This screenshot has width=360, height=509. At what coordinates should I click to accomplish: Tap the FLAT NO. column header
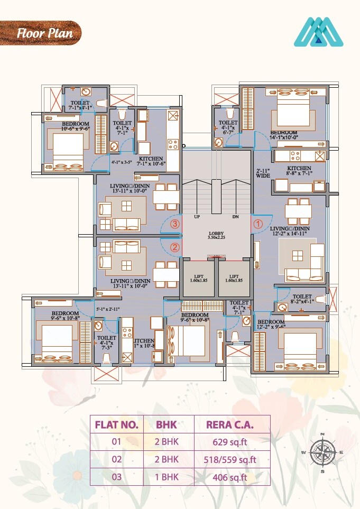click(x=116, y=424)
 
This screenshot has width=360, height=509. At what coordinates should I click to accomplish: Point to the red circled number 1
click(x=258, y=224)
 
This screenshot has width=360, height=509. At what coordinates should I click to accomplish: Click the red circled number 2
click(x=175, y=246)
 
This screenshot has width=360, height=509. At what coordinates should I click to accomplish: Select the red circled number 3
click(x=175, y=224)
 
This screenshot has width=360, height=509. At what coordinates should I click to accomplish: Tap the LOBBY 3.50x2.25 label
click(x=216, y=236)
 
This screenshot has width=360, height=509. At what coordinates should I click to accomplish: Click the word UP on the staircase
click(x=197, y=217)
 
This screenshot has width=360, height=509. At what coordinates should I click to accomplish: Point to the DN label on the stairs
click(x=235, y=217)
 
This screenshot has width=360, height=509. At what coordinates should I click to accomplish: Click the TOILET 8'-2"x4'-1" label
click(x=302, y=300)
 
